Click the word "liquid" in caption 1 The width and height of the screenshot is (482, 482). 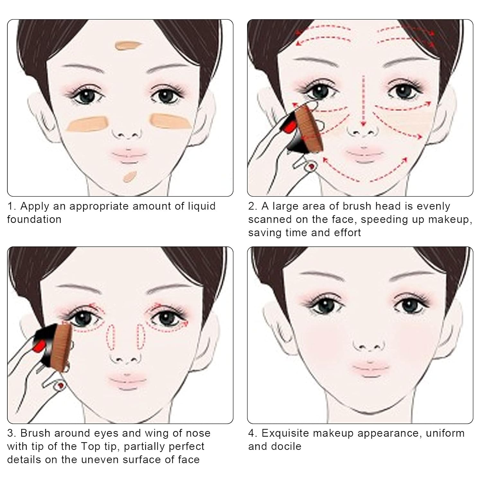(201, 206)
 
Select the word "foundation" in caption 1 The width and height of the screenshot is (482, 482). (34, 219)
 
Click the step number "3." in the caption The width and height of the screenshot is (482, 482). (12, 433)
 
